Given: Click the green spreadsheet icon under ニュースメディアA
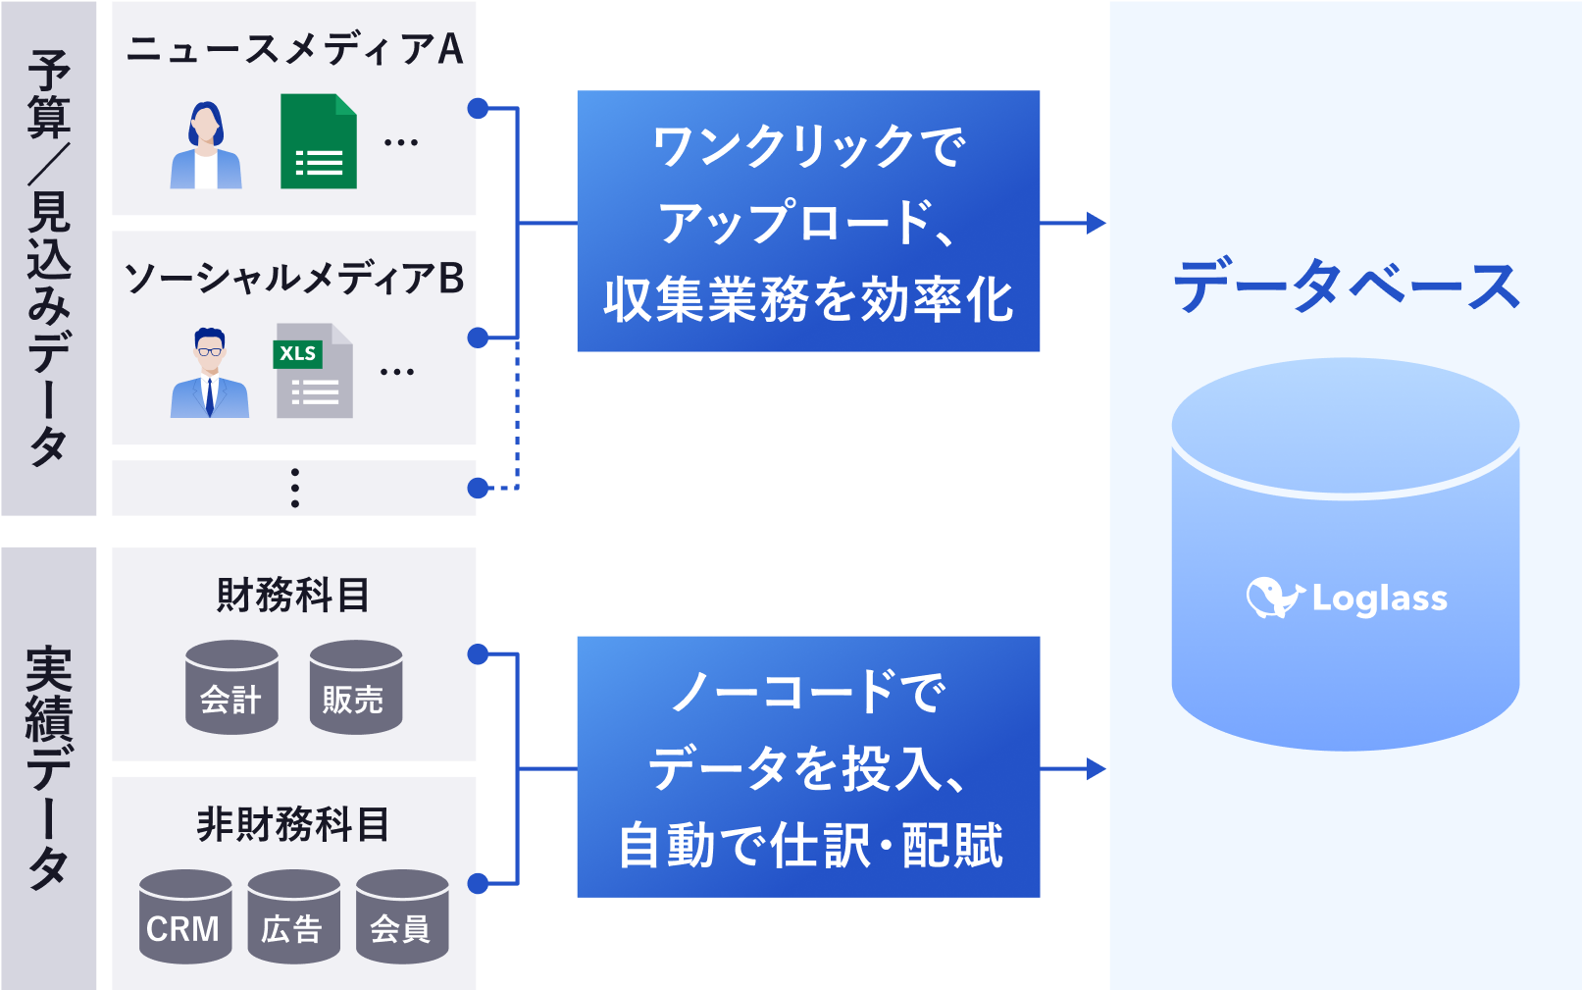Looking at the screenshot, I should coord(318,141).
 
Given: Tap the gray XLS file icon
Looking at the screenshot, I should coord(313,371).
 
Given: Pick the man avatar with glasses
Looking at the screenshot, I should coord(209,373).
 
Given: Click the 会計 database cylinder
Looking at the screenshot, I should coord(231,687).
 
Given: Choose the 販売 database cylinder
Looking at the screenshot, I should coord(355,687).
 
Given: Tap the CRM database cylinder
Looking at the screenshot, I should coord(185,916).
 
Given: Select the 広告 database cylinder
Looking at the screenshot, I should coord(293,916).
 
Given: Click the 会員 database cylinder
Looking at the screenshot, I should coord(402,916).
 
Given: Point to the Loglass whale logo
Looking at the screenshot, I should coord(1273,597).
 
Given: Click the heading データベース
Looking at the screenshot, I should coord(1346,286).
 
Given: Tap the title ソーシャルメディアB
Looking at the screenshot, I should coord(294,279).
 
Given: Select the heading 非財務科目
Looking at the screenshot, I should coord(293,824).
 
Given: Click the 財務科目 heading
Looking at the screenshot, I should coord(293,595).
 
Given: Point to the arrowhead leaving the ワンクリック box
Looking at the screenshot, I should coord(1096,223).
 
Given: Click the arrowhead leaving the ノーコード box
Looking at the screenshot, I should coord(1096,768).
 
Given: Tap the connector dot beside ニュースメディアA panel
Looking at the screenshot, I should coord(478,108).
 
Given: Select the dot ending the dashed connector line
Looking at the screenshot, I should coord(478,488).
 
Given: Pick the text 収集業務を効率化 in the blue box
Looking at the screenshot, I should coord(808,299).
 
